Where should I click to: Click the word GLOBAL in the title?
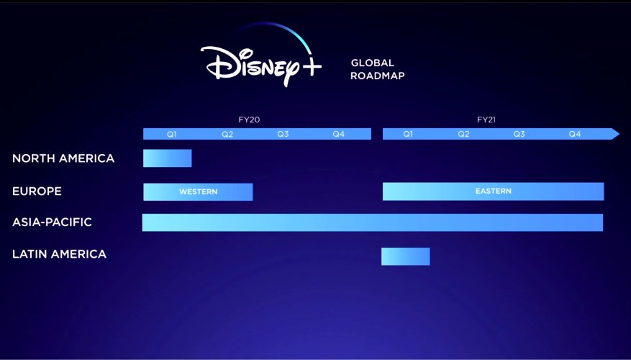point(373,63)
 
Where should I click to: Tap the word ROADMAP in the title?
point(378,76)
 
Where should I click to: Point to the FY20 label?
point(249,120)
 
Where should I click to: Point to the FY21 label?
point(486,120)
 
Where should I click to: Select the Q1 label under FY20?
point(172,134)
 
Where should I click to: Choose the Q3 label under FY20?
point(283,134)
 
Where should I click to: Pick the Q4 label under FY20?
point(338,134)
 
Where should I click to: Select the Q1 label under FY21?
point(408,134)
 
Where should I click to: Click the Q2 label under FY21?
point(463,134)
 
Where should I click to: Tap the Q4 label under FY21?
point(575,134)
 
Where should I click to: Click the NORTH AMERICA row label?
point(63,158)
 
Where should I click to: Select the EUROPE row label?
point(37,191)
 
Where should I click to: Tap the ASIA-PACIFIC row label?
point(52,222)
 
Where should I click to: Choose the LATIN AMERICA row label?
point(59,254)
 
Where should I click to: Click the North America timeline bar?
point(168,158)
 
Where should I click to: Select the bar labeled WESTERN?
point(198,192)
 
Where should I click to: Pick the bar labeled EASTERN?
point(493,192)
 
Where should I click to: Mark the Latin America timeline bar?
point(405,256)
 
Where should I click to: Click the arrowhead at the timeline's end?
point(614,134)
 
